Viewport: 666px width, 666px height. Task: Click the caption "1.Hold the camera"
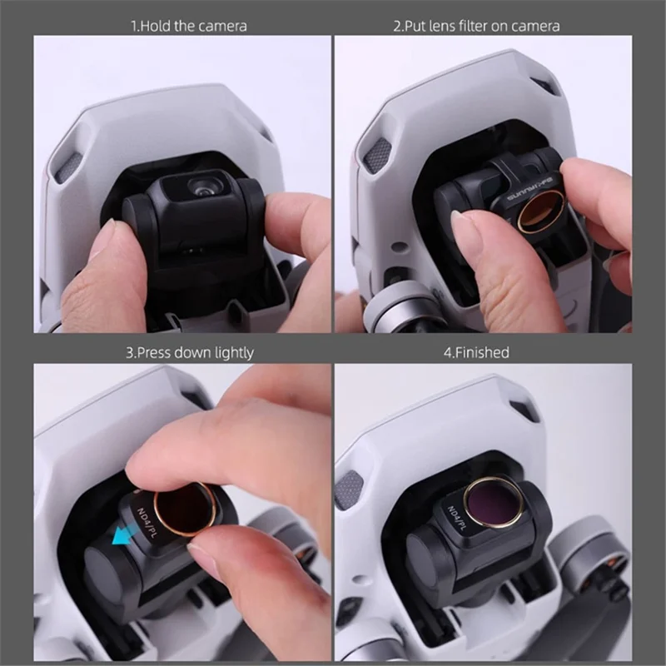click(189, 26)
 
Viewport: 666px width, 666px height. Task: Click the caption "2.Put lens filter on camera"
click(476, 26)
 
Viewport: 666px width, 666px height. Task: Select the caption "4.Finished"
click(476, 353)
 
